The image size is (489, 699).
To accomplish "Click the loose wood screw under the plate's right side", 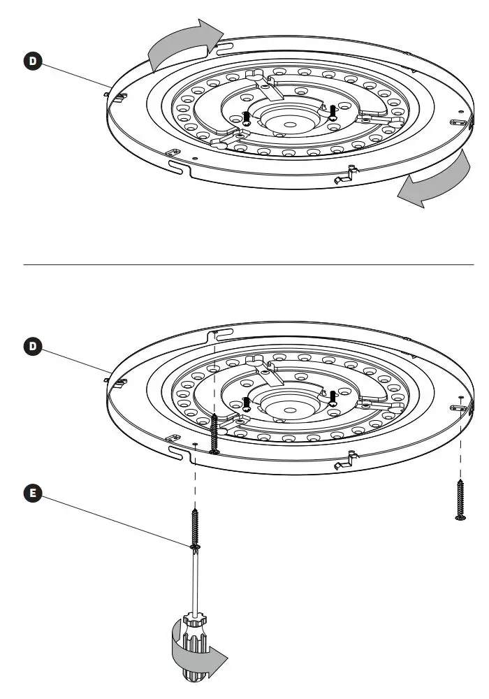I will (460, 500).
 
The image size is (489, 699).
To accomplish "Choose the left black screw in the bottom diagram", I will (247, 403).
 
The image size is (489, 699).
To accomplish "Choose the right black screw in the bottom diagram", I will (333, 398).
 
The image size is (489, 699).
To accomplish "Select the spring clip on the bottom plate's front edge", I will (345, 461).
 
